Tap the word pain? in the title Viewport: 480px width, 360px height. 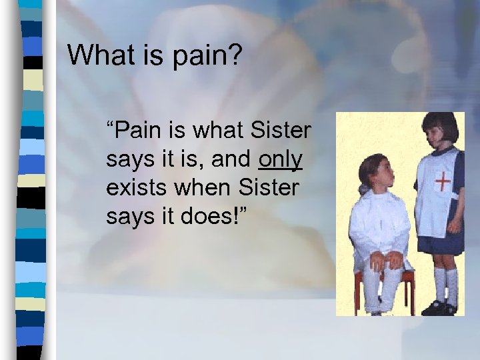coord(206,56)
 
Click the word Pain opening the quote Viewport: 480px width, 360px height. coord(133,131)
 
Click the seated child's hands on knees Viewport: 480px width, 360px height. coord(386,260)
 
